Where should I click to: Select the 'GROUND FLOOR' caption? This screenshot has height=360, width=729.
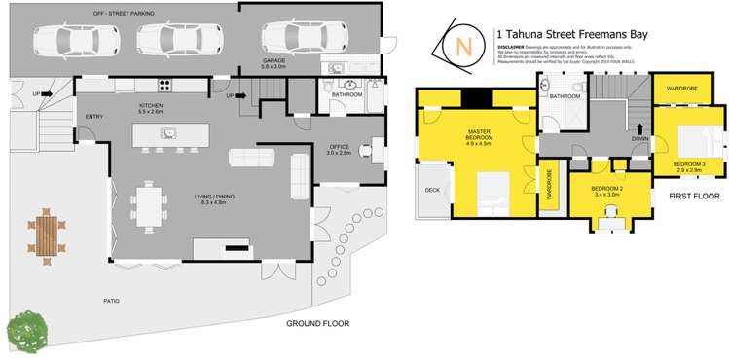tap(316, 323)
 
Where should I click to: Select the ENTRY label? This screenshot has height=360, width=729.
tap(94, 118)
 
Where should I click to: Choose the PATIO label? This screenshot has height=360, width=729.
tap(113, 302)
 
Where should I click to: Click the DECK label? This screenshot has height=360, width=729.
tap(433, 192)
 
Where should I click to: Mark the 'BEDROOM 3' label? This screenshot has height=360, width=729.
tap(690, 164)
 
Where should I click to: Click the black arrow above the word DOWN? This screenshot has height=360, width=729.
tap(639, 126)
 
